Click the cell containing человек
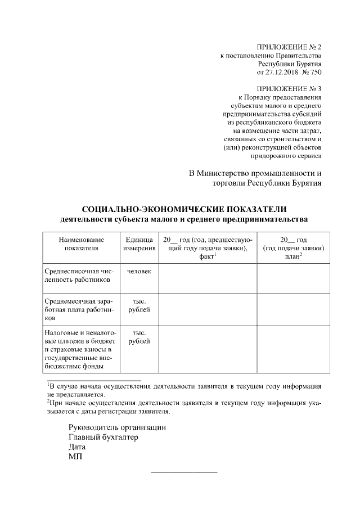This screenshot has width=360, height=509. click(139, 271)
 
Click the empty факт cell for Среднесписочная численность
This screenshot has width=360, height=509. click(208, 278)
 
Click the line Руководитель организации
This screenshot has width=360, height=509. click(117, 427)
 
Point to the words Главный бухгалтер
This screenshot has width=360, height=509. click(103, 437)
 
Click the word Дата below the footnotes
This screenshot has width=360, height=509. click(78, 447)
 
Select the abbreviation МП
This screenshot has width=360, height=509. click(75, 457)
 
